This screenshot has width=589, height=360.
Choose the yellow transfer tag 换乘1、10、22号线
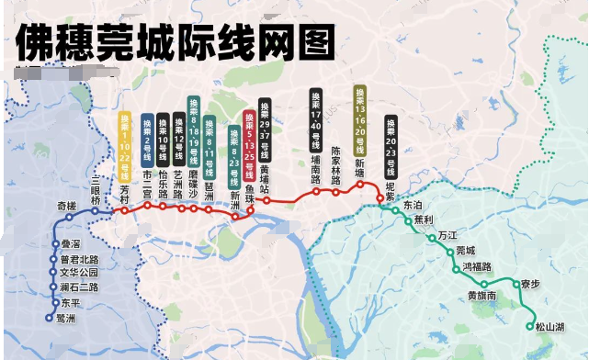pyautogui.click(x=125, y=137)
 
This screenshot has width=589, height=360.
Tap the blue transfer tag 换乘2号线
pyautogui.click(x=147, y=139)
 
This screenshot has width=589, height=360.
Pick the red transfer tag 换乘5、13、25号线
pyautogui.click(x=248, y=134)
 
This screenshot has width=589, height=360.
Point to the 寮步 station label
pyautogui.click(x=530, y=283)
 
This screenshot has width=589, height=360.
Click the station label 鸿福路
pyautogui.click(x=477, y=266)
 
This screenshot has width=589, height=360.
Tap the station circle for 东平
pyautogui.click(x=51, y=302)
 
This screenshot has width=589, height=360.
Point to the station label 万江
pyautogui.click(x=447, y=235)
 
